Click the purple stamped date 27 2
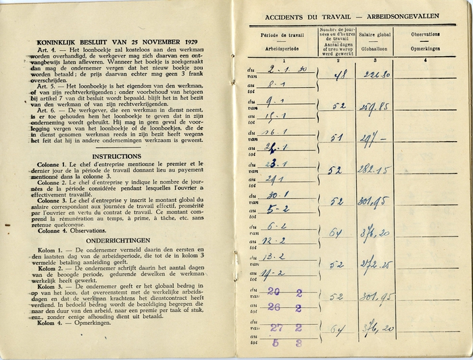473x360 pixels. click(287, 328)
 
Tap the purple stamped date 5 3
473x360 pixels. click(287, 342)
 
